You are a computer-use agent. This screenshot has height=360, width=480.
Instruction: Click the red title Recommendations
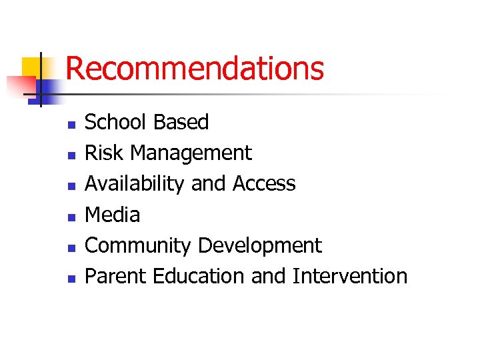pos(195,69)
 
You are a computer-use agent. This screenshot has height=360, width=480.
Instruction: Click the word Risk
pos(104,153)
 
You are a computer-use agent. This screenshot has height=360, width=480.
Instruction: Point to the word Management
pos(191,153)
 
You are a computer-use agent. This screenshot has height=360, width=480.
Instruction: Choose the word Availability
pos(135,184)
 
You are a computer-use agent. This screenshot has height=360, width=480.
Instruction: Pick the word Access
pos(264,183)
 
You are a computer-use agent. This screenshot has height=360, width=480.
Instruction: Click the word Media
pos(113,214)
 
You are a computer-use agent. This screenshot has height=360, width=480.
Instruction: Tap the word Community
pos(139,245)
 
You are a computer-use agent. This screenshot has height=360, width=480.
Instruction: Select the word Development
pos(261,245)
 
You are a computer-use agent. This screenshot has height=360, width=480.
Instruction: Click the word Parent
pos(116,275)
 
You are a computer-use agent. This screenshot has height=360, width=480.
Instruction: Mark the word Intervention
pos(349,275)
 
